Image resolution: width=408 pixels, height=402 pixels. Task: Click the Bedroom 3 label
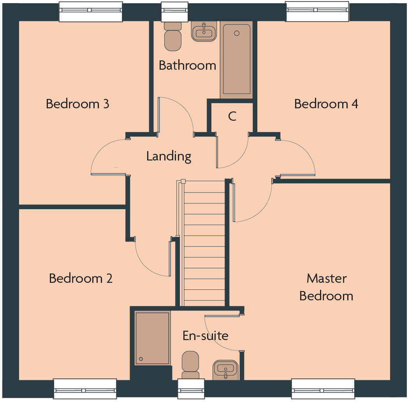(x=77, y=104)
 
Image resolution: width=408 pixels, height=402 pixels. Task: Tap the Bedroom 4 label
(x=326, y=104)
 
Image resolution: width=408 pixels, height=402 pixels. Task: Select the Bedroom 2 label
(x=81, y=279)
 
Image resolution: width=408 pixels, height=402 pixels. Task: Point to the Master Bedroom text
(x=326, y=287)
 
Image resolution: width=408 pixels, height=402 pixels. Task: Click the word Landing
(x=169, y=156)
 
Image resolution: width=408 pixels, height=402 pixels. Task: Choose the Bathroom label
(x=187, y=65)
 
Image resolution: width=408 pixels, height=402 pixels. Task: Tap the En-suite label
(x=205, y=335)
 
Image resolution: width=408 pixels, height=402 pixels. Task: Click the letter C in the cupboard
(x=232, y=116)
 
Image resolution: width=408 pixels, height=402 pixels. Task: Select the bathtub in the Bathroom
(x=236, y=59)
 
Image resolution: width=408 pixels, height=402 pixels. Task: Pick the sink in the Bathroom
(x=204, y=32)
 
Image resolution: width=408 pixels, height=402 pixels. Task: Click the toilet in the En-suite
(x=190, y=365)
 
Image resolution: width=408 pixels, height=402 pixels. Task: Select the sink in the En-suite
(x=225, y=369)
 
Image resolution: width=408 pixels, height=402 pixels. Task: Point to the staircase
(x=204, y=243)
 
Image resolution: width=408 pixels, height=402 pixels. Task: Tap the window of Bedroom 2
(x=85, y=388)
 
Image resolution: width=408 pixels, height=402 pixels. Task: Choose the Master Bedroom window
(x=323, y=388)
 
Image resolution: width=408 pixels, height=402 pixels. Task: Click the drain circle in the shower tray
(x=141, y=359)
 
